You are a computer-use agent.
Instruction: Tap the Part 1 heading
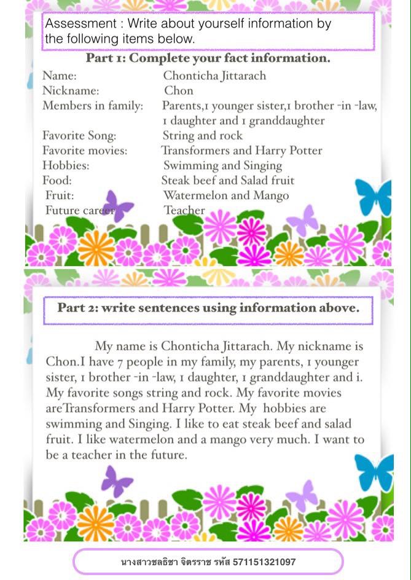[x=208, y=58]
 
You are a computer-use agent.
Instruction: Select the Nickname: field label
[x=70, y=91]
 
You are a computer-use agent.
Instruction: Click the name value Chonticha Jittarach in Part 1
[x=214, y=76]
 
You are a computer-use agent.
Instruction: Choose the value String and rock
[x=202, y=136]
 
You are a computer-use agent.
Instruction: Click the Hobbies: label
[x=65, y=166]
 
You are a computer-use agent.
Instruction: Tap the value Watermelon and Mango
[x=225, y=196]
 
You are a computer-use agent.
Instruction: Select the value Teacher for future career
[x=184, y=211]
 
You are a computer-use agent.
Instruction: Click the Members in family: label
[x=92, y=106]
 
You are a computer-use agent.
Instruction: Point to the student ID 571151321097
[x=264, y=562]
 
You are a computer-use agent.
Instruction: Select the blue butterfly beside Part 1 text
[x=374, y=195]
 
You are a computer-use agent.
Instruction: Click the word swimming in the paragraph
[x=72, y=424]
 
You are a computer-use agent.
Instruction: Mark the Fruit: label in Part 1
[x=60, y=196]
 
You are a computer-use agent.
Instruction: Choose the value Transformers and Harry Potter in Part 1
[x=241, y=151]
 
